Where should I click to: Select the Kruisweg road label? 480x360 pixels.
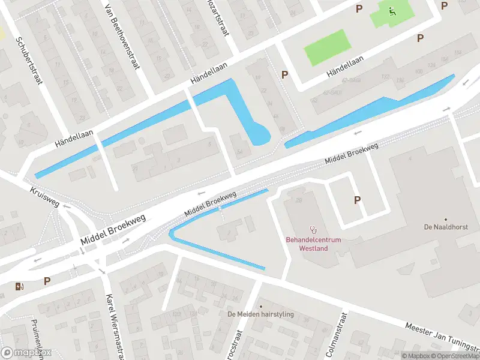(x=45, y=196)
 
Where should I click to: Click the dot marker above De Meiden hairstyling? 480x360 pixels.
(x=260, y=305)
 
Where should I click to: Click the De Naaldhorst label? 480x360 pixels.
(x=445, y=227)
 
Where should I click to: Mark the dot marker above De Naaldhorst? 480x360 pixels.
(x=445, y=219)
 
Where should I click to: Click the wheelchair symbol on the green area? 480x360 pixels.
(x=392, y=11)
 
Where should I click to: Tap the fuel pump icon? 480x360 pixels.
(x=20, y=286)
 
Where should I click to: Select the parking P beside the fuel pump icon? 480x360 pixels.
(x=47, y=281)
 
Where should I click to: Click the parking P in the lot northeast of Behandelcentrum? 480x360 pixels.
(x=357, y=200)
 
